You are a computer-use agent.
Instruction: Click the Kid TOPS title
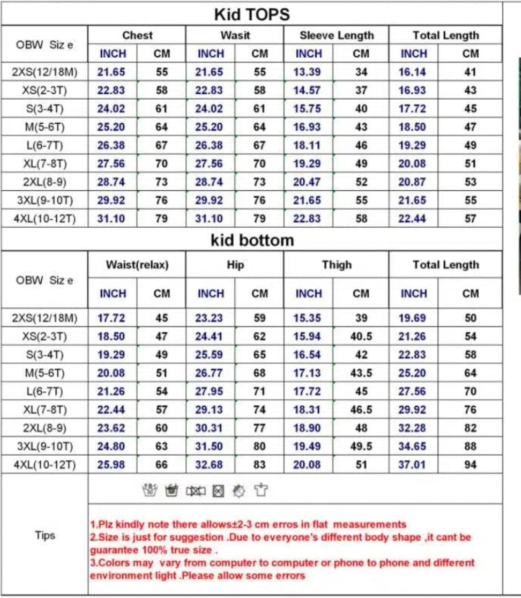pos(252,14)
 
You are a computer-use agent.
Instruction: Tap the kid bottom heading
pos(252,240)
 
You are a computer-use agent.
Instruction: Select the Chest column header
pos(137,35)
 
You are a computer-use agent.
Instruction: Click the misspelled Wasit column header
pos(235,35)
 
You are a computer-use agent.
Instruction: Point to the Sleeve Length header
pos(337,35)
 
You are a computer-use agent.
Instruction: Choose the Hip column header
pos(235,265)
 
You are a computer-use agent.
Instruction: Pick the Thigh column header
pos(337,265)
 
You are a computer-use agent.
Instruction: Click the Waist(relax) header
pos(137,265)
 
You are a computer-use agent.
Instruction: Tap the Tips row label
pos(45,535)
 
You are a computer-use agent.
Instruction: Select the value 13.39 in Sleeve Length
pos(307,72)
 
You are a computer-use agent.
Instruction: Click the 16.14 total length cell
pos(412,72)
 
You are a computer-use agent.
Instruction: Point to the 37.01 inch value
pos(412,465)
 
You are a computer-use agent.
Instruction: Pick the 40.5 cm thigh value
pos(361,336)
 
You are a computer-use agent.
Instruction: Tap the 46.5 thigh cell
pos(361,410)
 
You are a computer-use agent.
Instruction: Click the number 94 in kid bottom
pos(470,465)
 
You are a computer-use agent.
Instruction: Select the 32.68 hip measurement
pos(209,465)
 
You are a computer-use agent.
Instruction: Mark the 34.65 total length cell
pos(412,447)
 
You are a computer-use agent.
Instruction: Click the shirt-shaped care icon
pos(261,491)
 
